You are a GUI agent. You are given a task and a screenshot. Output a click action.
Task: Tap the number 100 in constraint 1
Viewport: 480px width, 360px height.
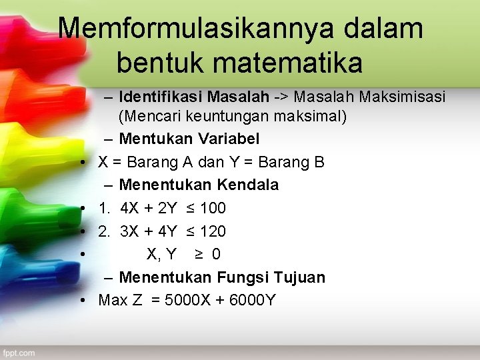213,208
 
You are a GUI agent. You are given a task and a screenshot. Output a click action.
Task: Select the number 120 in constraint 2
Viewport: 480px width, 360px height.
213,231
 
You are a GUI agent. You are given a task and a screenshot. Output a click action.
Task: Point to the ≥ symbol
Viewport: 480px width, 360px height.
199,254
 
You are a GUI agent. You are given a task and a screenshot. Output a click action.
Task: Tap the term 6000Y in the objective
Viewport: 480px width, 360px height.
251,300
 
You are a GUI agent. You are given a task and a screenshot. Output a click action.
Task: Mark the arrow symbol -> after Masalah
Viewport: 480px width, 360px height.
281,97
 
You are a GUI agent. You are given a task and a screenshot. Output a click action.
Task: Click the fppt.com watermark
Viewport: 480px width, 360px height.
18,353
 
